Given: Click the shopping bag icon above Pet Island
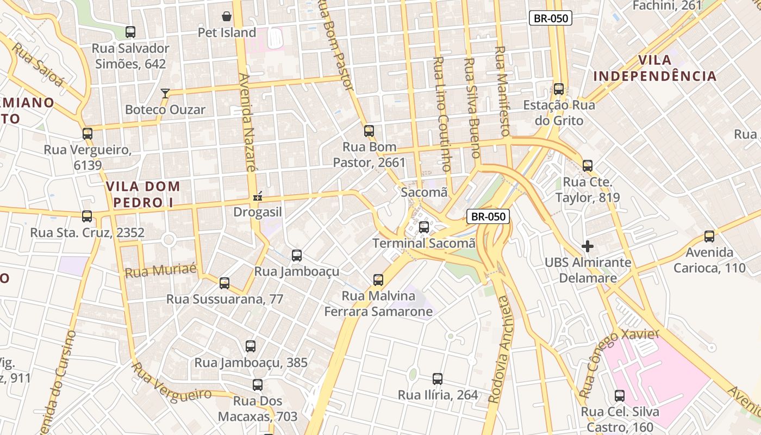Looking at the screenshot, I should [227, 17].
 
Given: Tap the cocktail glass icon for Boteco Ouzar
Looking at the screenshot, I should [165, 94].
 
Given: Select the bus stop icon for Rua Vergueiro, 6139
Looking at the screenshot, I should [88, 133].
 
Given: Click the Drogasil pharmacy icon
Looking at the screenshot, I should [258, 196].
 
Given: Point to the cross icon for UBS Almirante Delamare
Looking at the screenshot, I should [587, 246].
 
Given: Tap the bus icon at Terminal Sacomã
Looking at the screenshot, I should [424, 227].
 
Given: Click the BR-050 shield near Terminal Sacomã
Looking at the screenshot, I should [488, 216].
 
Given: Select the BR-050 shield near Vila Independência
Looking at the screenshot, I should [551, 18].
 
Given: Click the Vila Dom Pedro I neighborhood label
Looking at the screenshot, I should [143, 194].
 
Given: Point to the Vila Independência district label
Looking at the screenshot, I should [655, 68].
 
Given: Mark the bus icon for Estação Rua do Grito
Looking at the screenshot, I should [559, 89].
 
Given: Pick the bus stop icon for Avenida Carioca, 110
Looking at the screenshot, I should [709, 237].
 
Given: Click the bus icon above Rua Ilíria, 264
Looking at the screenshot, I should [438, 379].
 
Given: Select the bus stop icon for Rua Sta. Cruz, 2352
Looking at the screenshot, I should [87, 216].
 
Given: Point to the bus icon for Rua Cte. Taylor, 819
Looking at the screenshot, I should [588, 166].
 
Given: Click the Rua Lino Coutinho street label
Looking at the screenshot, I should [441, 114].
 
